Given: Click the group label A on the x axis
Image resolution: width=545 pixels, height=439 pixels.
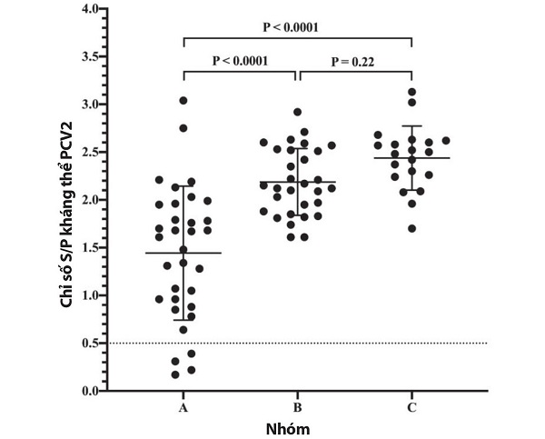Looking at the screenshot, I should [x=183, y=408].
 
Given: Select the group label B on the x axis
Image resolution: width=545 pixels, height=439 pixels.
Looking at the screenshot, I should [x=298, y=408].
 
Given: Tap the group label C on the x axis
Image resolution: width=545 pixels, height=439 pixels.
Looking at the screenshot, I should [x=411, y=408].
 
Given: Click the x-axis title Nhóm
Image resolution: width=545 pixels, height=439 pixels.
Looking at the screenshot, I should [x=297, y=428].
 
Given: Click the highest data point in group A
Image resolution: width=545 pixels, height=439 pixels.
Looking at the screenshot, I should [x=183, y=101].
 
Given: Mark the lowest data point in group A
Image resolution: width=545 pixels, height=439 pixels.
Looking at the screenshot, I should [x=173, y=374].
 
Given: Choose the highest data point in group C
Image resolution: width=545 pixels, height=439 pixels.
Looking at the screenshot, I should [x=411, y=92].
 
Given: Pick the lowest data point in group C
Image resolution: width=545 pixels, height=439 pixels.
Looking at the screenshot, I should [x=411, y=228].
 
